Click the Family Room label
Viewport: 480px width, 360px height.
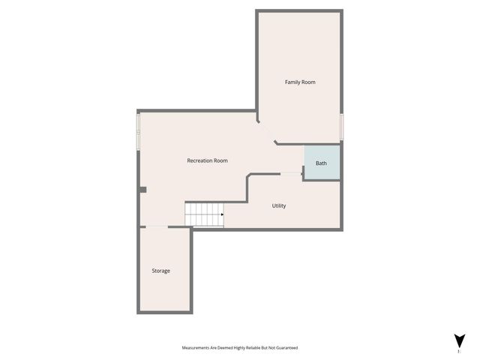299,82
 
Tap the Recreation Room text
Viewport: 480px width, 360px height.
207,160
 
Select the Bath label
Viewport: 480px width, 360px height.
321,163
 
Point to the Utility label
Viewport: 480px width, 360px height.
279,205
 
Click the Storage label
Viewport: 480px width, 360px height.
160,271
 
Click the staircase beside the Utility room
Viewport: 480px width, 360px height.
204,214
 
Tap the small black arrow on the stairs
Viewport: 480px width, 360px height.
222,214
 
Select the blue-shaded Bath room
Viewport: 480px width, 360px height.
322,163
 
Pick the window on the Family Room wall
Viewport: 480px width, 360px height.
341,126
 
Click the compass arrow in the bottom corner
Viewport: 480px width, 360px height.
458,340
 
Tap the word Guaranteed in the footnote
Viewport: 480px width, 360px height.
286,348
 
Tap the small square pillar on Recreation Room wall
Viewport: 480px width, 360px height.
142,190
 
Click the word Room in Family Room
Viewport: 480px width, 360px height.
308,82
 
